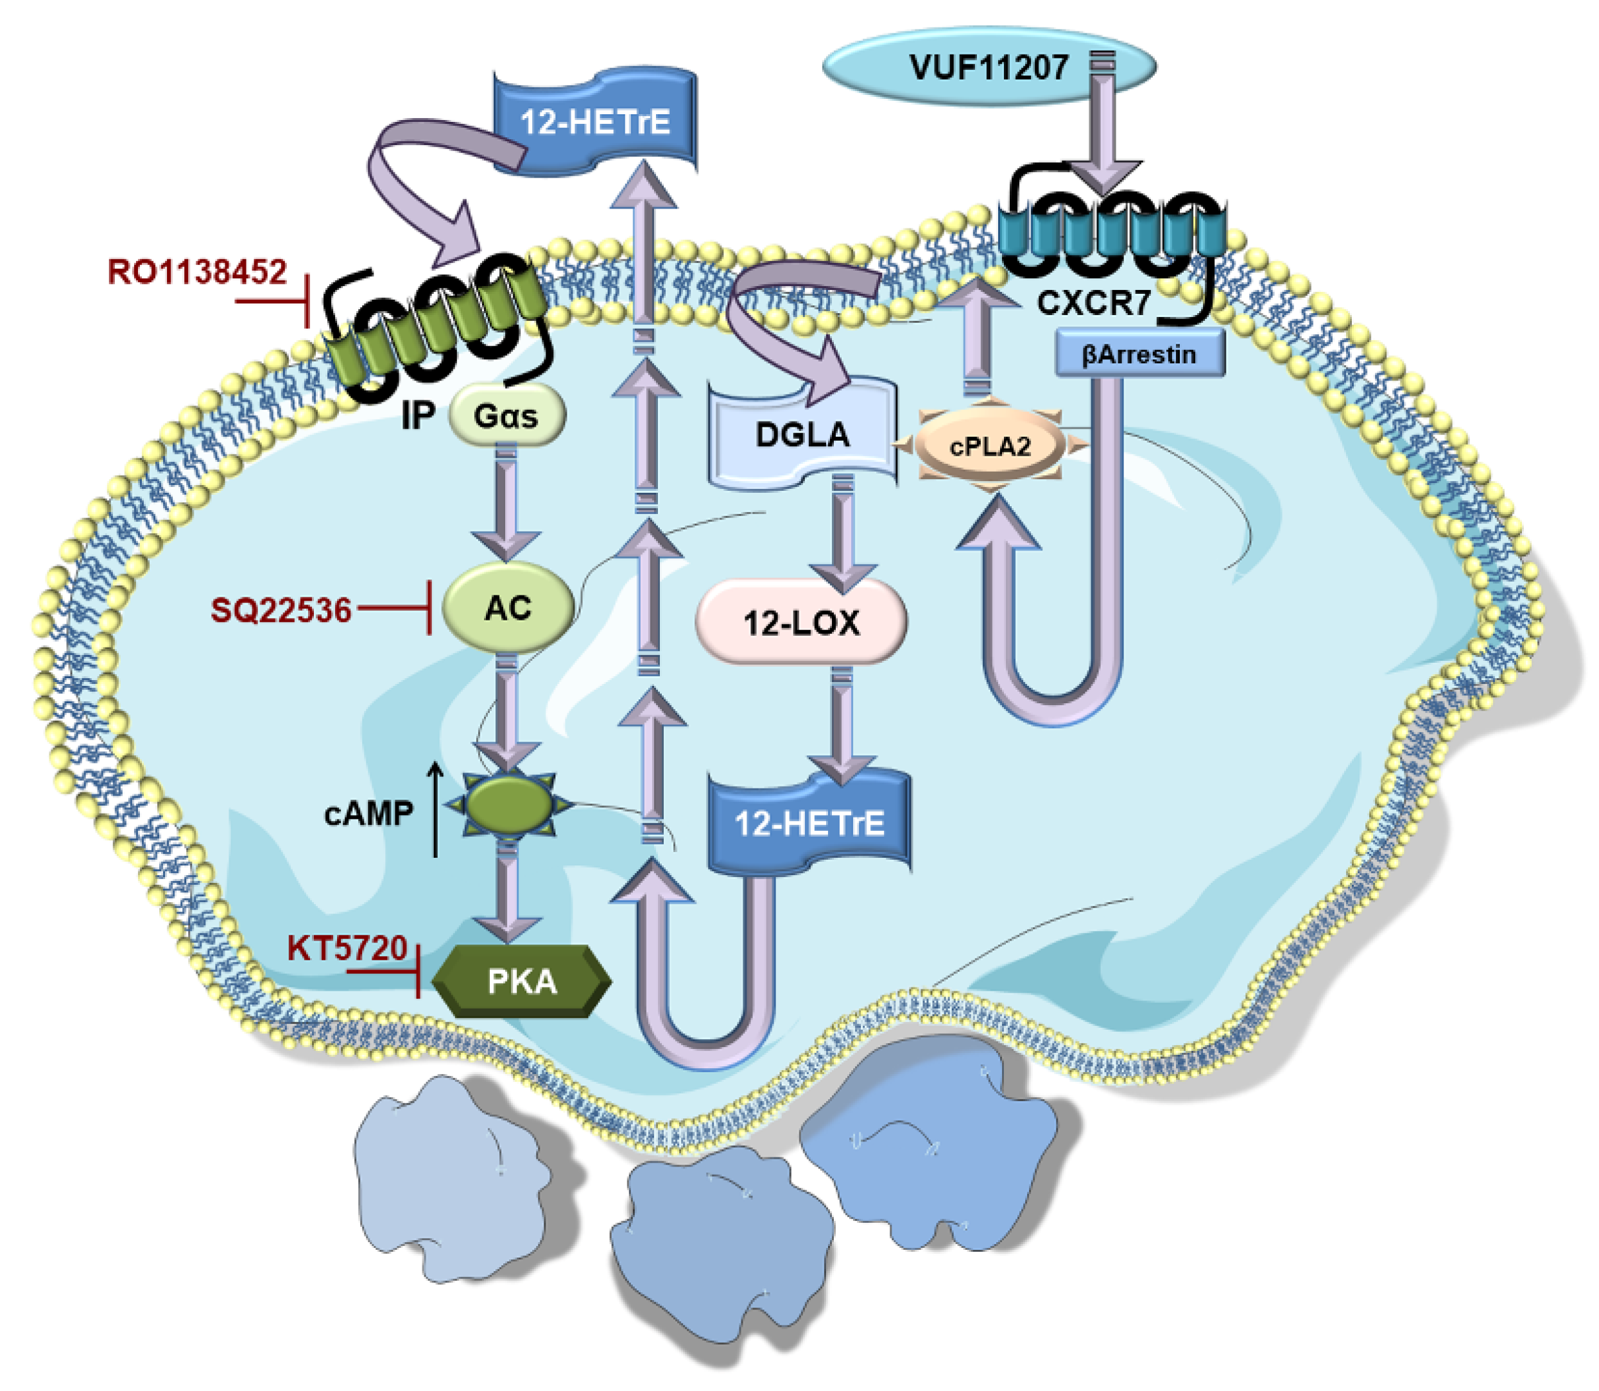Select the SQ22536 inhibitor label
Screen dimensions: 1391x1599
coord(281,610)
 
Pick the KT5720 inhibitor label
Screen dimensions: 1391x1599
coord(347,948)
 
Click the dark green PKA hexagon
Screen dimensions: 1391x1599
coord(521,981)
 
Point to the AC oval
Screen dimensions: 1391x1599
coord(508,608)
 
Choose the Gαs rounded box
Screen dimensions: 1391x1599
coord(506,416)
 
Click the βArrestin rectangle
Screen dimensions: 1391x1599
coord(1139,355)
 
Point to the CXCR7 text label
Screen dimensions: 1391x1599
coord(1093,303)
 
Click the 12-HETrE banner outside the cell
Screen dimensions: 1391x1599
coord(595,122)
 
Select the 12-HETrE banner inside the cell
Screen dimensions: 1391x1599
coord(809,823)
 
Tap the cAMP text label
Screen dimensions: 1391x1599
coord(368,814)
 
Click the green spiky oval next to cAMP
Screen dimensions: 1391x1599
coord(508,806)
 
